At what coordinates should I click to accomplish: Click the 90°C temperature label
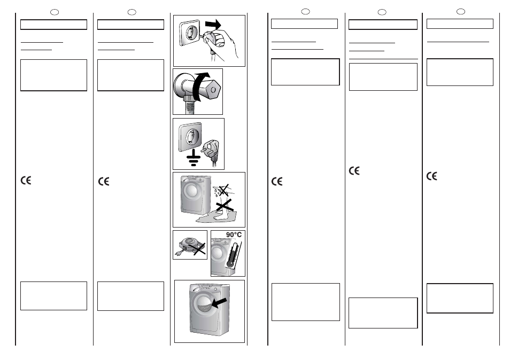tap(234, 234)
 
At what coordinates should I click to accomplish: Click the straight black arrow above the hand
tap(213, 24)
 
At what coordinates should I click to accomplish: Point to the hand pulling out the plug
tap(223, 43)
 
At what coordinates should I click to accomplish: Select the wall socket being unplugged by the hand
tap(189, 33)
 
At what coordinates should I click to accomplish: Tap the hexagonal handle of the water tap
tap(213, 90)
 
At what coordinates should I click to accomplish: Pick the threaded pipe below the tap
tap(190, 105)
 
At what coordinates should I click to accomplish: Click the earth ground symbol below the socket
tap(194, 158)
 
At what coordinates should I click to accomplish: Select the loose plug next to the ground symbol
tap(211, 151)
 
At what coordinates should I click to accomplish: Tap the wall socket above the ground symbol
tap(190, 137)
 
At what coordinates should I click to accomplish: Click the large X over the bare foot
tap(224, 205)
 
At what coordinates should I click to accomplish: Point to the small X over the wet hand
tap(223, 190)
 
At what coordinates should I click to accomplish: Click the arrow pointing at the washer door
tap(219, 303)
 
